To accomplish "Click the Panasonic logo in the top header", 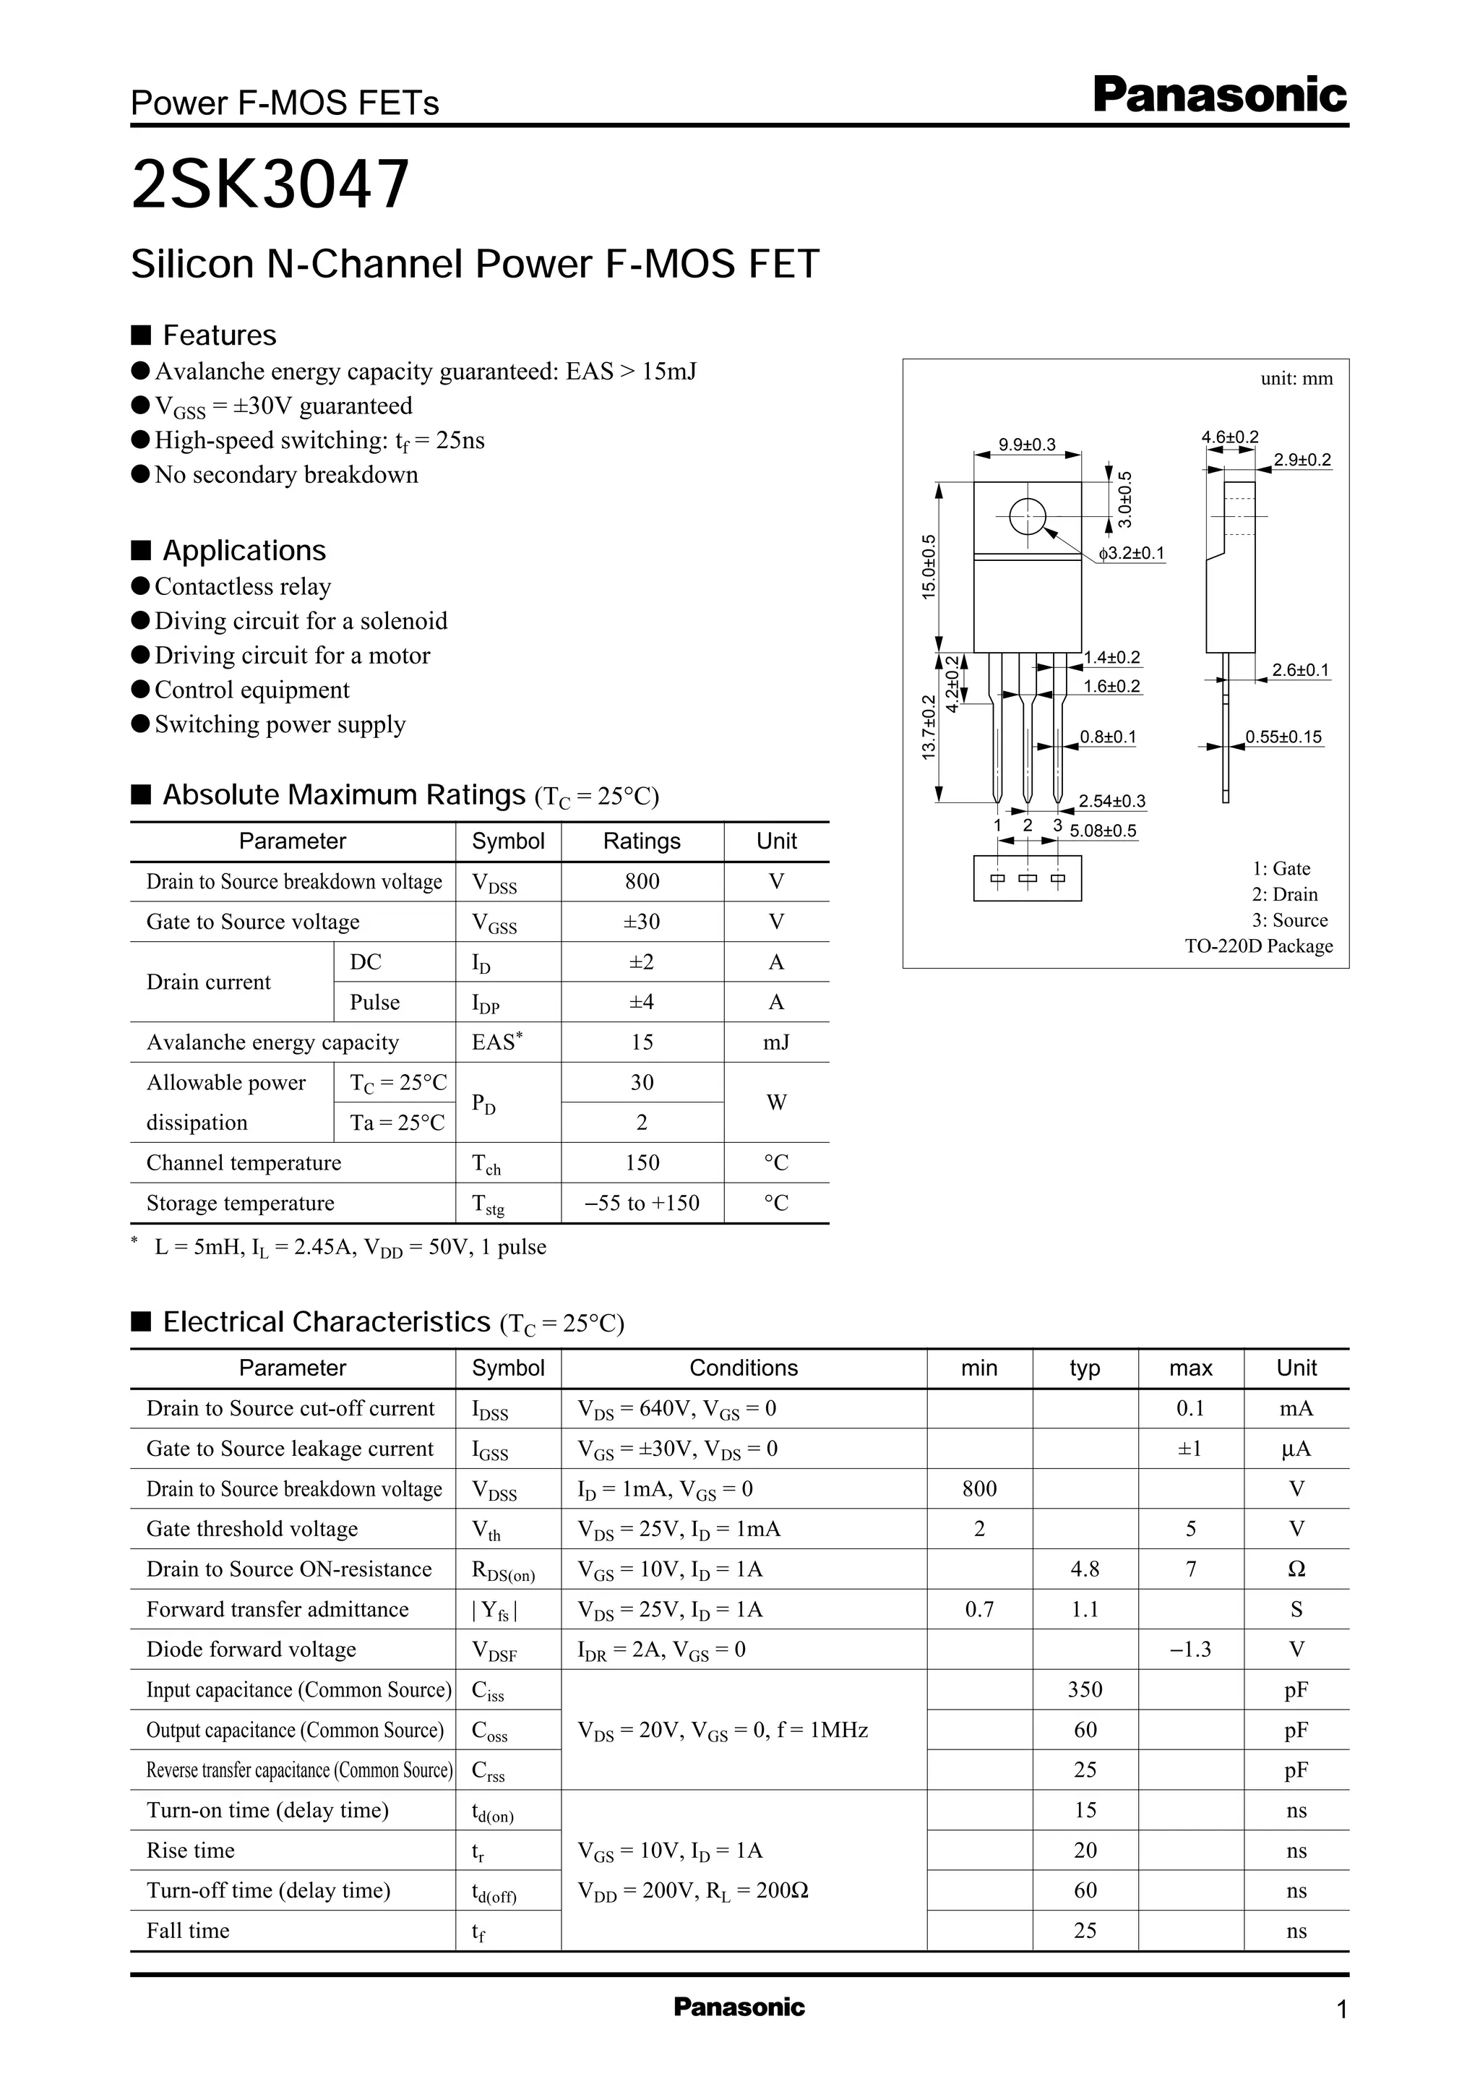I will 1219,95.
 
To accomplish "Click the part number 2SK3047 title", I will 271,185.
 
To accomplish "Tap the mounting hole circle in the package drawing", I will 1027,517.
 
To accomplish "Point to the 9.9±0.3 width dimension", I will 1026,445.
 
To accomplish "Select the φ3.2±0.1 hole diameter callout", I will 1131,553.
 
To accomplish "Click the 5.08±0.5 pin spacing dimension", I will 1103,831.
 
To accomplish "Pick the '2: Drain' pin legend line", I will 1284,894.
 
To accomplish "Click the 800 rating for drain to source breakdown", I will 642,881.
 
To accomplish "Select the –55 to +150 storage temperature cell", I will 642,1204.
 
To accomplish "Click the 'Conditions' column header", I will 743,1368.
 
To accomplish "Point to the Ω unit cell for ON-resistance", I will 1296,1569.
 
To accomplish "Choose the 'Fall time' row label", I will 188,1930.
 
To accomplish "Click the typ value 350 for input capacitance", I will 1085,1689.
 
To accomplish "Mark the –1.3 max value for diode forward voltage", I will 1190,1649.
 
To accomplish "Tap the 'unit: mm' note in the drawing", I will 1296,378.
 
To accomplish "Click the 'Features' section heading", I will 219,335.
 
